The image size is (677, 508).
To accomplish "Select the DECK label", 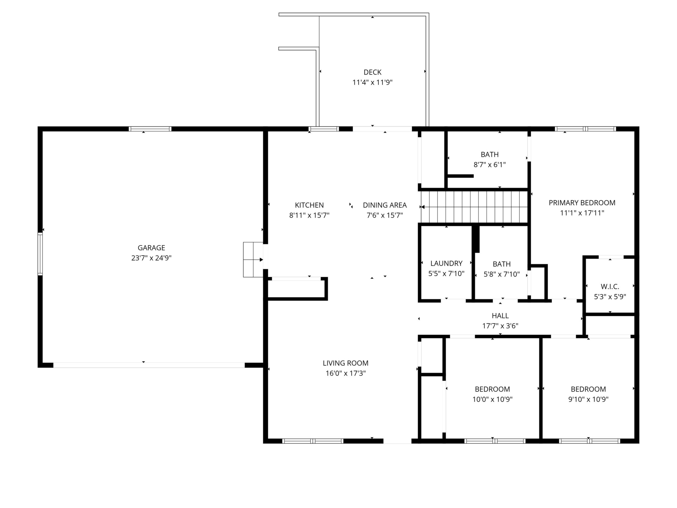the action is [372, 72].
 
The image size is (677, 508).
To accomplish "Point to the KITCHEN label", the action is [309, 205].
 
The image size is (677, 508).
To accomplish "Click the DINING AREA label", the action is [385, 205].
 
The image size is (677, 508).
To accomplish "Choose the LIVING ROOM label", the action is [346, 363].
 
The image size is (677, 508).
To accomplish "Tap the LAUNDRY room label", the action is [446, 263].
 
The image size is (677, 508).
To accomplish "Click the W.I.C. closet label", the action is [610, 287].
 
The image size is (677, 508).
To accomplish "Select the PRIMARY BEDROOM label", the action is [582, 203].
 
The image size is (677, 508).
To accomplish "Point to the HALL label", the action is [500, 316].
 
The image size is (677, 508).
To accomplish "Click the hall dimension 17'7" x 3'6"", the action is [500, 326].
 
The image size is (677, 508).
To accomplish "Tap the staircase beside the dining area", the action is [474, 207].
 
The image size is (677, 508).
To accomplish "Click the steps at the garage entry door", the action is [253, 260].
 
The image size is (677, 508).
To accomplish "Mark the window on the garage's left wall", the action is [40, 254].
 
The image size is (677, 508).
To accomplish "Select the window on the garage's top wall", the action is [150, 129].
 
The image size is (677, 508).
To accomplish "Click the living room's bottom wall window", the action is [312, 441].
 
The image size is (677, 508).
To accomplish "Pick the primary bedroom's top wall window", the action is [585, 129].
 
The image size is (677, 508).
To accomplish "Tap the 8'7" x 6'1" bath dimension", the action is [490, 165].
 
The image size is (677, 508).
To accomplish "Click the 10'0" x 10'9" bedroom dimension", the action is [493, 399].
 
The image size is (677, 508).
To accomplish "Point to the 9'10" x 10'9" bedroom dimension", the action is [588, 399].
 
